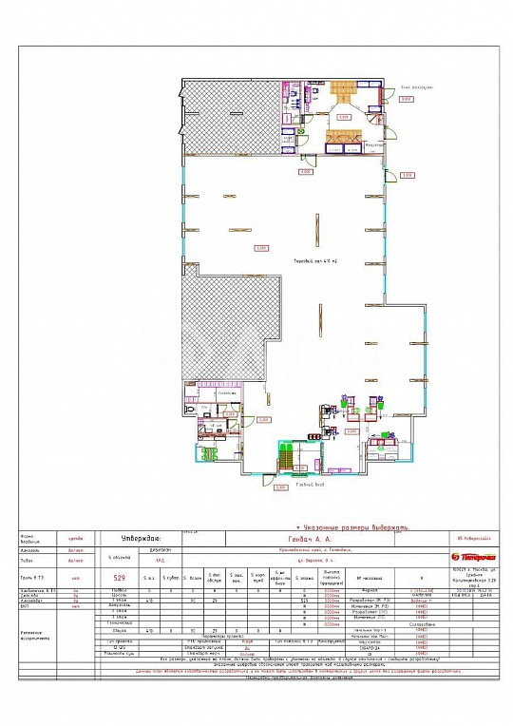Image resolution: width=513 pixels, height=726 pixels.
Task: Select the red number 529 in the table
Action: pos(121,577)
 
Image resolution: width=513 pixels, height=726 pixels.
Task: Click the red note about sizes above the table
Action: pos(351,525)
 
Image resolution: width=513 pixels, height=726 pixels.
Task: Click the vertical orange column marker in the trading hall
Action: pos(313,224)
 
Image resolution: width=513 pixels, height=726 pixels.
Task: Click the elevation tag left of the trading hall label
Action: pos(260,249)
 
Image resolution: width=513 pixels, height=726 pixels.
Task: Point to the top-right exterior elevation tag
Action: pos(406,99)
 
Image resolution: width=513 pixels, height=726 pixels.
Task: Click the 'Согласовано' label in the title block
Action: pos(421,623)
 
